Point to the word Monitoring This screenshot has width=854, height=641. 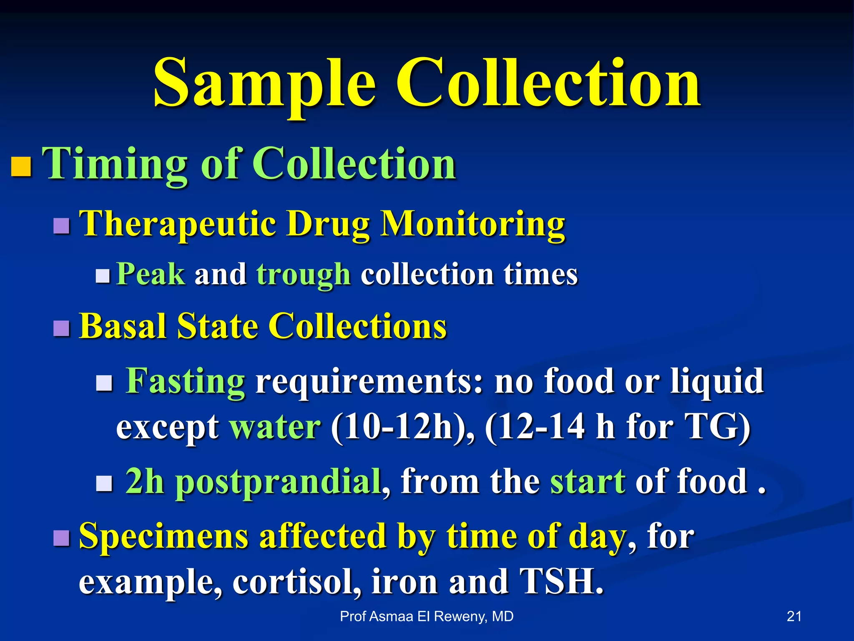click(x=473, y=224)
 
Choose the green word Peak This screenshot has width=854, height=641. click(x=151, y=274)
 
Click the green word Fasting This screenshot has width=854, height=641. click(x=185, y=381)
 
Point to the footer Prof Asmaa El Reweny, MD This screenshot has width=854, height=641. click(x=427, y=616)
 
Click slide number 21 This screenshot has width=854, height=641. click(x=794, y=616)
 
